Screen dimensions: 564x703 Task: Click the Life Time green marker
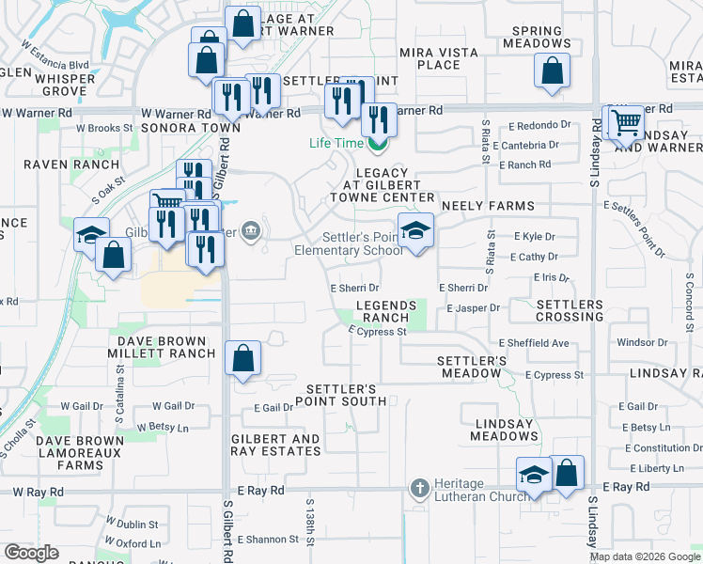pyautogui.click(x=377, y=144)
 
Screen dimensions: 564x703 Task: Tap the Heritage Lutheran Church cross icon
pyautogui.click(x=419, y=488)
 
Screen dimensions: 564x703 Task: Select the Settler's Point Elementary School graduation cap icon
pyautogui.click(x=414, y=229)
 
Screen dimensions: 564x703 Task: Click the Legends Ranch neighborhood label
pyautogui.click(x=384, y=311)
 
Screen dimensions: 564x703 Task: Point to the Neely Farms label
pyautogui.click(x=487, y=206)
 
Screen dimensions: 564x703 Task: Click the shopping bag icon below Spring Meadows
pyautogui.click(x=552, y=70)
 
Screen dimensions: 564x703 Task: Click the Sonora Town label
pyautogui.click(x=179, y=126)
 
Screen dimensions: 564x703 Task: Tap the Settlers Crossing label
pyautogui.click(x=570, y=311)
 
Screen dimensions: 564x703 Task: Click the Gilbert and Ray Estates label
pyautogui.click(x=275, y=445)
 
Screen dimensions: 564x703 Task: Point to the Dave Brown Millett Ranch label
pyautogui.click(x=166, y=346)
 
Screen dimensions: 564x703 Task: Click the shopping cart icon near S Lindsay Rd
pyautogui.click(x=626, y=121)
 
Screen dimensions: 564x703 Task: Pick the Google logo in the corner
pyautogui.click(x=32, y=553)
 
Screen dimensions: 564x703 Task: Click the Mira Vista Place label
pyautogui.click(x=438, y=58)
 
